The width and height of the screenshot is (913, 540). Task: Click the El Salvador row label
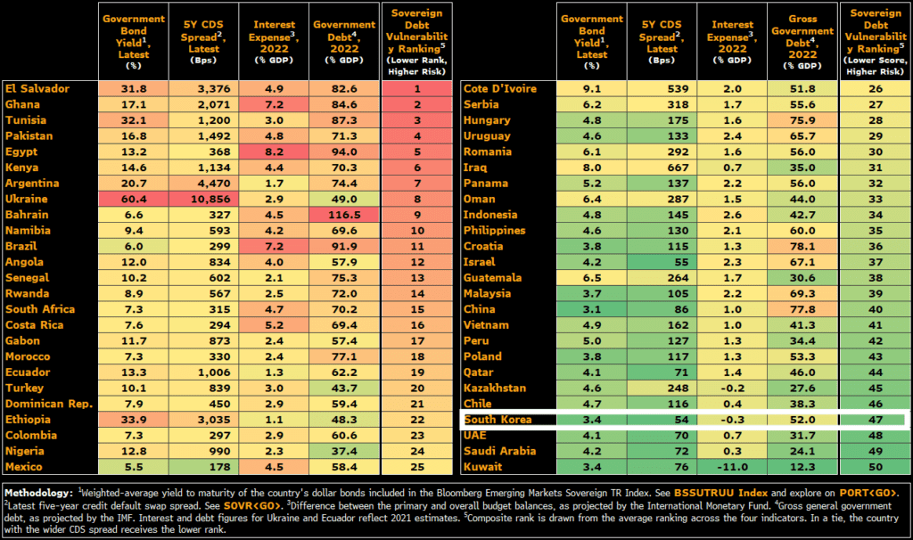tap(37, 89)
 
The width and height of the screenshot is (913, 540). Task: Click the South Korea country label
tap(498, 420)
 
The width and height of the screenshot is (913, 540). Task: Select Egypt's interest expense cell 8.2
tap(275, 151)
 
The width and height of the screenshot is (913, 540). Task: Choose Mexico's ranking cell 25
tap(415, 467)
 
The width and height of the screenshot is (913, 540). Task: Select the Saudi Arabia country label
tap(500, 451)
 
